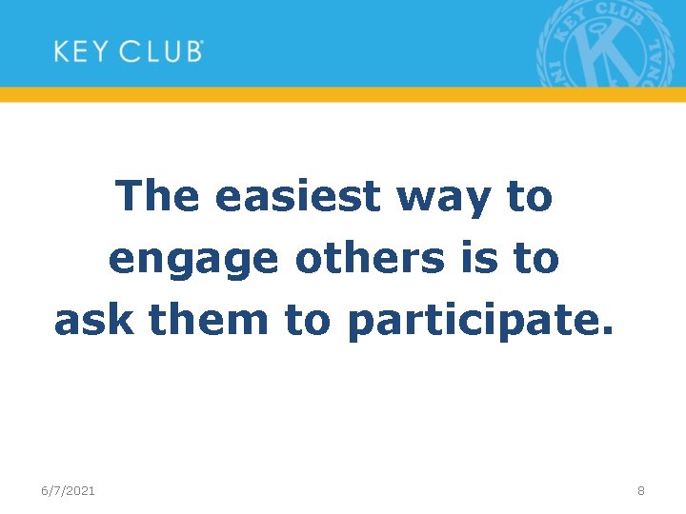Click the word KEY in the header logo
[80, 50]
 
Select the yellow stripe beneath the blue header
[343, 94]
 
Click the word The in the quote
[158, 197]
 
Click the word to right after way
[529, 197]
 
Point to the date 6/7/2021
[68, 490]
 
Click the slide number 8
[641, 490]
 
